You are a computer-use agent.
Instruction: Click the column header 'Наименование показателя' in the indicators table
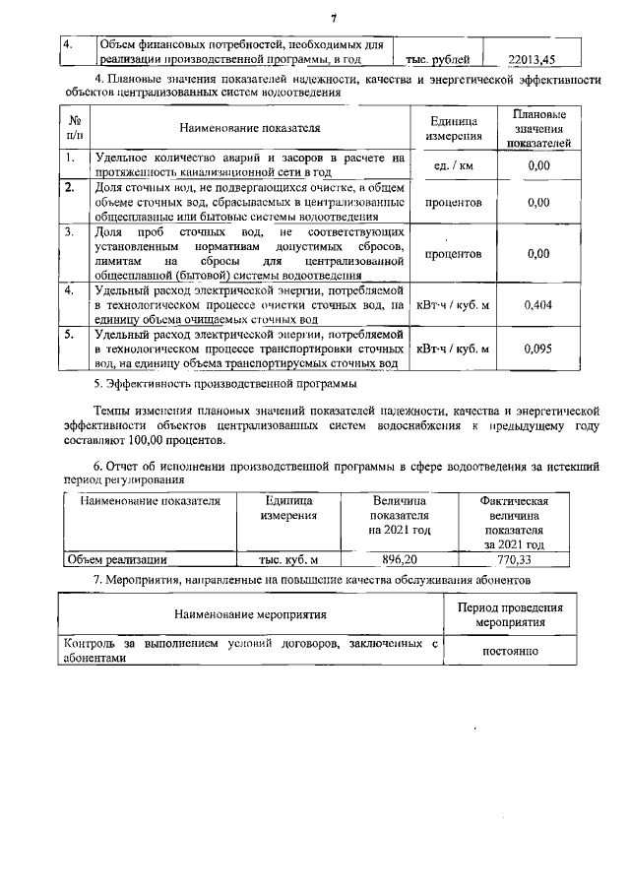click(x=250, y=128)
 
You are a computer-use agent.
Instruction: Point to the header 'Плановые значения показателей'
click(x=537, y=128)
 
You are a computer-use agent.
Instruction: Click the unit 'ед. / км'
click(x=454, y=165)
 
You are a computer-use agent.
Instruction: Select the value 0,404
click(x=537, y=305)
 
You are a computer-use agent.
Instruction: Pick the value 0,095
click(x=537, y=349)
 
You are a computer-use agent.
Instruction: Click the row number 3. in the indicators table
click(x=70, y=232)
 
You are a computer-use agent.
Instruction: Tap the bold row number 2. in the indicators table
click(x=70, y=187)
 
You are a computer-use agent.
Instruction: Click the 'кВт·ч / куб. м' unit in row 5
click(x=454, y=349)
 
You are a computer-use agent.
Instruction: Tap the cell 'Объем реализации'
click(x=116, y=559)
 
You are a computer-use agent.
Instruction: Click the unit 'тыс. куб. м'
click(x=288, y=559)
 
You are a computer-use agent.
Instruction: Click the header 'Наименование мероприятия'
click(x=250, y=615)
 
